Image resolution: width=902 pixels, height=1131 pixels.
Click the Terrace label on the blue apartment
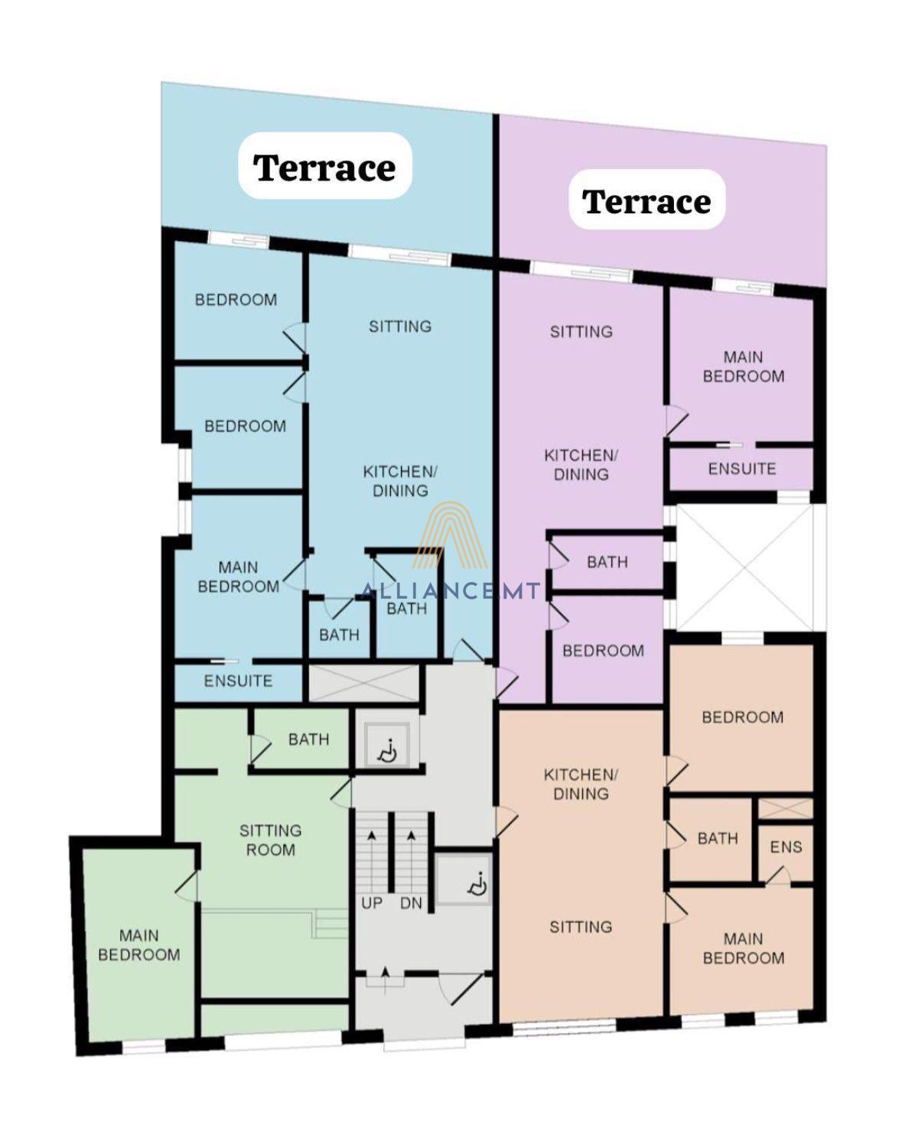point(324,168)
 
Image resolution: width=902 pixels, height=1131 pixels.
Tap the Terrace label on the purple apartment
point(646,202)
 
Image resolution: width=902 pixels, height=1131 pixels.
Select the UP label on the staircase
point(371,903)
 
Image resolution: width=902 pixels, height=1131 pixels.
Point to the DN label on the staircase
point(411,903)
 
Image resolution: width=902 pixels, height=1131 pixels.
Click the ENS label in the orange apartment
point(786,847)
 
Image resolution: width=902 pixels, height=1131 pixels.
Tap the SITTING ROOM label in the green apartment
point(270,840)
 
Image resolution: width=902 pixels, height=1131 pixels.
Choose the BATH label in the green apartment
point(309,739)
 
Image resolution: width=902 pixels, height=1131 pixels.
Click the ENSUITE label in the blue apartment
point(238,681)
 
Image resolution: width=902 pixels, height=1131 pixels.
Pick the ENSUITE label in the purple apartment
point(742,469)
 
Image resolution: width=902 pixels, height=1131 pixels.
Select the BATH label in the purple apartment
point(607,562)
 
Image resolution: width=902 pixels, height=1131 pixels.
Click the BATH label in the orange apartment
point(718,838)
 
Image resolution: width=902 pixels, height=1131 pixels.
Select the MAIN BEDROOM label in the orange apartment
point(743,949)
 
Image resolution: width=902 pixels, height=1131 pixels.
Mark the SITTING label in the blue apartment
point(399,327)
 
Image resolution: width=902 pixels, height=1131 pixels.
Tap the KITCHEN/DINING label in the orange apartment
point(581,784)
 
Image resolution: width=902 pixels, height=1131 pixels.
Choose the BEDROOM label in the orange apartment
point(743,717)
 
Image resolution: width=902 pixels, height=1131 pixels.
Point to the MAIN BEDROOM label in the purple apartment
point(743,367)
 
